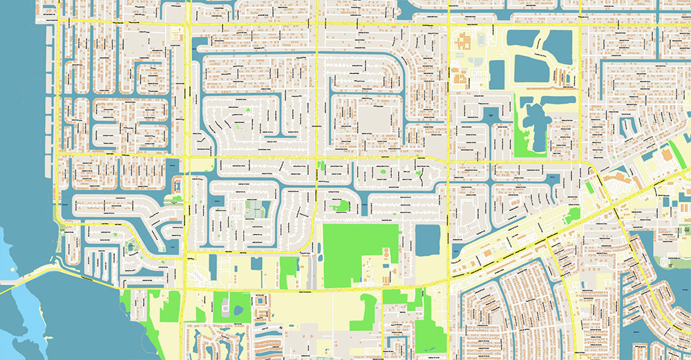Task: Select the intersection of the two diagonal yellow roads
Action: click(615, 207)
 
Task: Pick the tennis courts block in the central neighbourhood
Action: click(256, 208)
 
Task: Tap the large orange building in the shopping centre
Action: click(666, 156)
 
